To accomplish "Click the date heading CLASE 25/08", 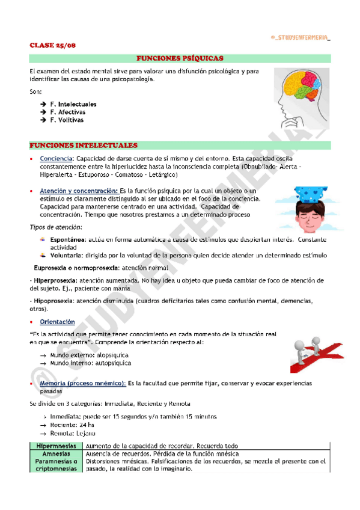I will tap(53, 45).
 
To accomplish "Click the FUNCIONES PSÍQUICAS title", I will tap(180, 58).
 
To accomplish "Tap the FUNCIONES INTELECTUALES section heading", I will tap(83, 146).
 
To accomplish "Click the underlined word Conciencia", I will tap(57, 158).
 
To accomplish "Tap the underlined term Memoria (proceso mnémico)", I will tap(82, 383).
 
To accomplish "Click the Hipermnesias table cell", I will tap(56, 446).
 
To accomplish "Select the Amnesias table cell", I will tap(56, 453).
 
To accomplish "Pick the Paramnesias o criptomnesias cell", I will tap(56, 465).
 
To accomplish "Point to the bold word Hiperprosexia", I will tap(54, 280).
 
